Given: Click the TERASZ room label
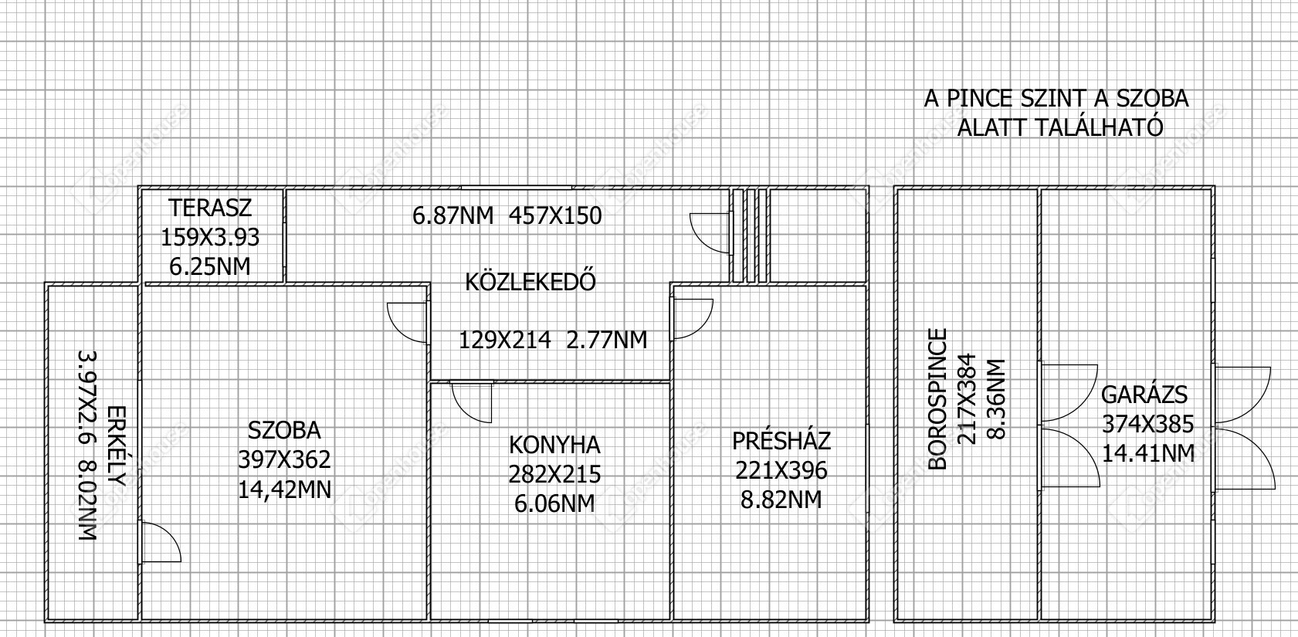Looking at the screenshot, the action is [x=210, y=208].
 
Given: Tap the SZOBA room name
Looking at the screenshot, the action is [x=284, y=431].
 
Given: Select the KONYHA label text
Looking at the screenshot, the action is [x=554, y=446].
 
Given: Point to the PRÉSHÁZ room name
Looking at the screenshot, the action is [x=781, y=441].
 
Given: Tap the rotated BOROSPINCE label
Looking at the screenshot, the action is [x=937, y=399].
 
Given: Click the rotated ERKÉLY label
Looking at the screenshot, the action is [x=117, y=446].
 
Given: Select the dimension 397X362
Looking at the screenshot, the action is [x=284, y=460].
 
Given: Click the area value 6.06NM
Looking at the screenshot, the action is [x=554, y=503].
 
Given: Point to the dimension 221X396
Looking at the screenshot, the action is [x=781, y=471].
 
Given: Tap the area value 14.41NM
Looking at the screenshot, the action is [x=1148, y=453].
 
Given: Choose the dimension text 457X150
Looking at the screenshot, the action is [x=555, y=216].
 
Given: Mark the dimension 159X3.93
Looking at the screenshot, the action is [x=210, y=238].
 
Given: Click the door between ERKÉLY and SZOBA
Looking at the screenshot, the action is [x=160, y=542].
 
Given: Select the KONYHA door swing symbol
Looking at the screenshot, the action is [x=472, y=402].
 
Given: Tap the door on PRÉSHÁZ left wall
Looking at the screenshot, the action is [x=692, y=319].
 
